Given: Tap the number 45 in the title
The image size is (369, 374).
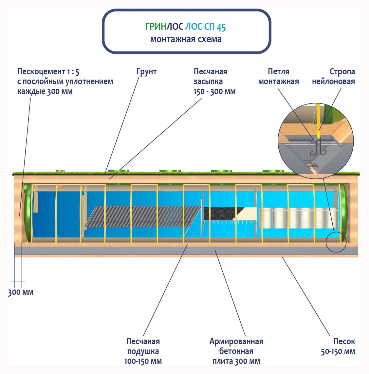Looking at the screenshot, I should click(x=221, y=27).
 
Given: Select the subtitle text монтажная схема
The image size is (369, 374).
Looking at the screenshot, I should click(x=186, y=39).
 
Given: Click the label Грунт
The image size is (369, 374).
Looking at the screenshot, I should click(x=146, y=72).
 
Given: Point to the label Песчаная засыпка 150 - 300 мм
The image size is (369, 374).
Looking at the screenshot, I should click(x=214, y=82).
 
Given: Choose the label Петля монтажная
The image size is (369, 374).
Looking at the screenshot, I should click(x=278, y=77).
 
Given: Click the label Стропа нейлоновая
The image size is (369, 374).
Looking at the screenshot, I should click(x=333, y=77).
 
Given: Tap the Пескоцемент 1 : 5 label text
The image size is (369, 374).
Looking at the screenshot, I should click(x=48, y=72).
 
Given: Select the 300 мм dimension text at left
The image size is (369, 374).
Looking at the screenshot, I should click(x=21, y=292).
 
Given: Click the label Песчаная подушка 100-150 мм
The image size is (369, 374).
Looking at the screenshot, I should click(x=143, y=351).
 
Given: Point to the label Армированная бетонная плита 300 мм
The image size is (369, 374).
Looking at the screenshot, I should click(x=236, y=351).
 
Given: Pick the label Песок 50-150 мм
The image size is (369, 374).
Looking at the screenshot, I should click(x=338, y=346).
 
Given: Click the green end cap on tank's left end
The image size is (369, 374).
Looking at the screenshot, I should click(x=28, y=213).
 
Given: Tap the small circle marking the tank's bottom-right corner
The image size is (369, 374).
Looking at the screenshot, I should click(x=336, y=242).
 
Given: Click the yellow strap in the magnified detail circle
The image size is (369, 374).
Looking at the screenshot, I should click(x=318, y=121).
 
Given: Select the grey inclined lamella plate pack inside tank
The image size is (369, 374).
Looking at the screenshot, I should click(x=142, y=216).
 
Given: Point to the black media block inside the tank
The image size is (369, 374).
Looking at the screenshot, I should click(x=219, y=213).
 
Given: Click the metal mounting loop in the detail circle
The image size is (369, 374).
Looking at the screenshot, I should click(x=317, y=149).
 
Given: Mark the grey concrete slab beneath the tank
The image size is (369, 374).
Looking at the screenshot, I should click(x=183, y=251).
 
